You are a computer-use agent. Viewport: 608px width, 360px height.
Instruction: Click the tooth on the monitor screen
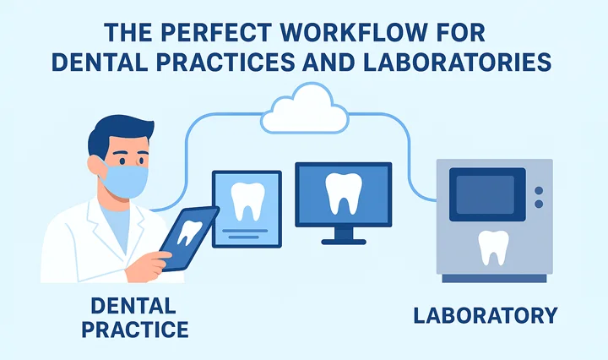coord(343,194)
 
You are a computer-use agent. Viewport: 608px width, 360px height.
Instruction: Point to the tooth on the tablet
coord(191,231)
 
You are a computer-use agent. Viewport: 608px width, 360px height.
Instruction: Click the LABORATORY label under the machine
coord(485,316)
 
